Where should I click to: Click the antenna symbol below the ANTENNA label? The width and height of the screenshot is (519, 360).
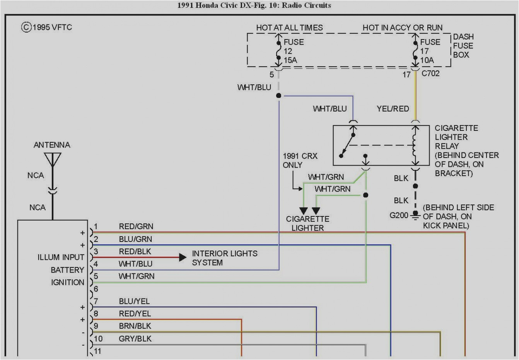52,159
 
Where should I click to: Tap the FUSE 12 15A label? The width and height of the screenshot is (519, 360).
293,51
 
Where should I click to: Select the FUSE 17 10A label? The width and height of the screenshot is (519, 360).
430,51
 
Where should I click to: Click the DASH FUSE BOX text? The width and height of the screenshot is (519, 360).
463,46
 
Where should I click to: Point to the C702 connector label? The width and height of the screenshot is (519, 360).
430,74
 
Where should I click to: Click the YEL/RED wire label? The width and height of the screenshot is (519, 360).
393,109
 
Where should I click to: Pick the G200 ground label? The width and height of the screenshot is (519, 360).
399,215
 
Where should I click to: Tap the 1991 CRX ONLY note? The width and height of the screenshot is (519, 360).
300,160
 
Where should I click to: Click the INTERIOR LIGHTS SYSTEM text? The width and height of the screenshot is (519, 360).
224,258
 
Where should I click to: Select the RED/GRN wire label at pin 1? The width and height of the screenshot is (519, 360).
136,226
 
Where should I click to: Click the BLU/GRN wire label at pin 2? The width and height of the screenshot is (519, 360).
135,239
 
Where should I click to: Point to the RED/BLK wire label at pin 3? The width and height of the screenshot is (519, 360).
135,252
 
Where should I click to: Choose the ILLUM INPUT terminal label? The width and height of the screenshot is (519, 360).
61,257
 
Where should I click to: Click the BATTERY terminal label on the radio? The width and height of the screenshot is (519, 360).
67,270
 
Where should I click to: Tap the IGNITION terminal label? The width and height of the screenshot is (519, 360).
67,283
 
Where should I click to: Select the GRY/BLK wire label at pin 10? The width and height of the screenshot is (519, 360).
135,339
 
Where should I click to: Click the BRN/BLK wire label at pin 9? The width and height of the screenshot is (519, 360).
135,326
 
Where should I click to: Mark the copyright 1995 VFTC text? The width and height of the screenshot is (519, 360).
47,27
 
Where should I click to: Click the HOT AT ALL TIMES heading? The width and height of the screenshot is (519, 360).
289,28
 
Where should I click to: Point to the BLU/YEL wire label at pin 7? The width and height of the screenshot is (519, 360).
134,301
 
